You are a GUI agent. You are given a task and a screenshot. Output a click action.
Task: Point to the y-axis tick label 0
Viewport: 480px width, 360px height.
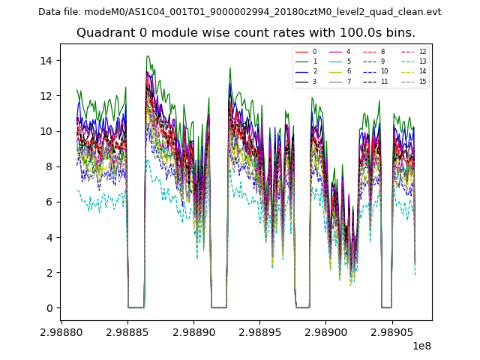coord(49,308)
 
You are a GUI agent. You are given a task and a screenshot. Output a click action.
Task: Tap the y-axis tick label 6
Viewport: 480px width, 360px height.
coord(49,202)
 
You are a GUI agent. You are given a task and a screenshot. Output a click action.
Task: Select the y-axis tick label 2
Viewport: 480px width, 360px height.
coord(49,273)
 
